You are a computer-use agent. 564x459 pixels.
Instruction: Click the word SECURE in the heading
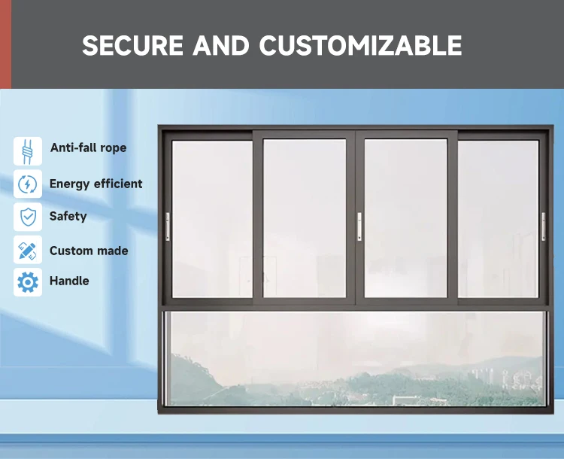pos(132,46)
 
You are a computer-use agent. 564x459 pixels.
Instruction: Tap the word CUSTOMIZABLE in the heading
pos(361,46)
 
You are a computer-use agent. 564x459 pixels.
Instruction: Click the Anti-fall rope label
pos(88,148)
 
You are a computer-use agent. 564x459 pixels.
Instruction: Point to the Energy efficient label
pos(96,184)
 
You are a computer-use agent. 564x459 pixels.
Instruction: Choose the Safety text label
pos(68,217)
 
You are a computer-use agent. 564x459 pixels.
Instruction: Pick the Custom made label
pos(89,251)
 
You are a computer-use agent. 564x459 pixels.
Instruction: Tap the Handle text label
pos(69,281)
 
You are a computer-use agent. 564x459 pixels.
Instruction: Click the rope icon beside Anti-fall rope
pos(28,150)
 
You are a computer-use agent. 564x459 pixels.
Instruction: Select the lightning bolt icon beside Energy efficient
pos(28,184)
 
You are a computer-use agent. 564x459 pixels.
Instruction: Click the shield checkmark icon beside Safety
pos(28,217)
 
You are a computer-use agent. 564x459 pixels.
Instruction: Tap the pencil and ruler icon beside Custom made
pos(28,250)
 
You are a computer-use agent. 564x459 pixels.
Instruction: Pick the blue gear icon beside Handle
pos(28,282)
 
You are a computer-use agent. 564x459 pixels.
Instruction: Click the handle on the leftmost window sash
pos(168,226)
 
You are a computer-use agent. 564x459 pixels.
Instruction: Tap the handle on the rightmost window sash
pos(543,226)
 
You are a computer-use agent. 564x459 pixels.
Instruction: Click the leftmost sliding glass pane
pos(212,218)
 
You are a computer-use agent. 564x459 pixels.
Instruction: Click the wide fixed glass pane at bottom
pos(353,359)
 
